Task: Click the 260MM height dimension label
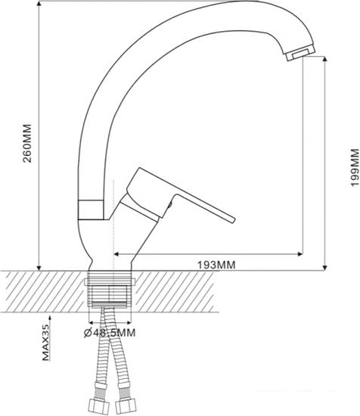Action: click(27, 143)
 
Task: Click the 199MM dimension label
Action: click(355, 168)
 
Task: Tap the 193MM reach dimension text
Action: click(216, 265)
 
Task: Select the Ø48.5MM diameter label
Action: click(110, 333)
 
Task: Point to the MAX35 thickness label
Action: click(46, 343)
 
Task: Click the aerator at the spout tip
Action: click(300, 52)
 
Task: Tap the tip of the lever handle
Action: click(234, 220)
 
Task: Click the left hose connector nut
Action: click(98, 406)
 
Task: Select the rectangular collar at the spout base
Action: click(91, 210)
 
